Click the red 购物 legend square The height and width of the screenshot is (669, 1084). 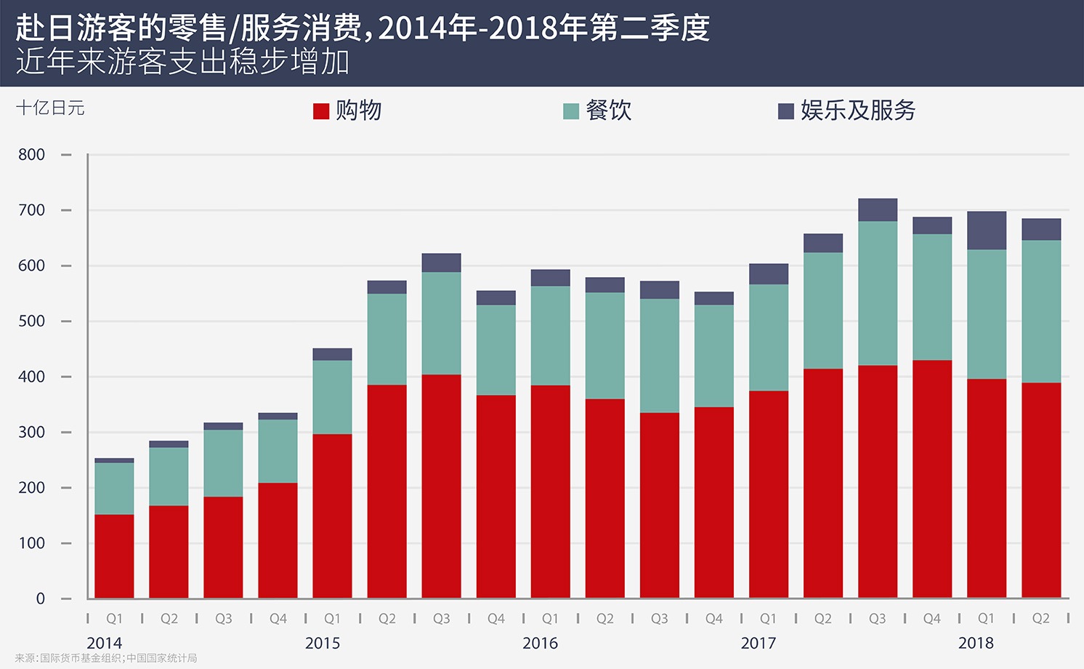click(321, 111)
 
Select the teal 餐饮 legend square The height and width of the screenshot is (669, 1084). click(571, 111)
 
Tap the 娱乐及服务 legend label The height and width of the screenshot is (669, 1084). click(858, 111)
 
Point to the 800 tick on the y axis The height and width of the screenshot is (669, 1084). click(32, 155)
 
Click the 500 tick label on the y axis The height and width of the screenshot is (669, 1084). click(32, 321)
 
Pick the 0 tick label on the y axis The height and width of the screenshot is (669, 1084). click(41, 598)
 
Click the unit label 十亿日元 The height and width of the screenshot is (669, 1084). click(50, 108)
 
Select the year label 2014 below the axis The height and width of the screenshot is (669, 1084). click(104, 643)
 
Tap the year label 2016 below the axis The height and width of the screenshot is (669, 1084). click(540, 643)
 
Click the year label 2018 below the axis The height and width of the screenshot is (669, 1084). click(976, 643)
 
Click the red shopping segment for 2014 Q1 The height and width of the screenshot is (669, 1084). click(114, 556)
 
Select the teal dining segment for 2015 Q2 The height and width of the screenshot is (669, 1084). click(387, 339)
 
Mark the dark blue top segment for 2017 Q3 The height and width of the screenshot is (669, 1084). click(878, 209)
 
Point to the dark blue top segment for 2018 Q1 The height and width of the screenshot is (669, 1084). click(987, 231)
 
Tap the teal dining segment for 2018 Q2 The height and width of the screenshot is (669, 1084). click(1041, 311)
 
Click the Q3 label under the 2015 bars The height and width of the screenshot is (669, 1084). click(442, 619)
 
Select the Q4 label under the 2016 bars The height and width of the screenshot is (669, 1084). click(714, 619)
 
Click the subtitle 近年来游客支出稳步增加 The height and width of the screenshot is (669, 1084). click(182, 62)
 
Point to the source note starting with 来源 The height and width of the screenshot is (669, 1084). click(106, 658)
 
